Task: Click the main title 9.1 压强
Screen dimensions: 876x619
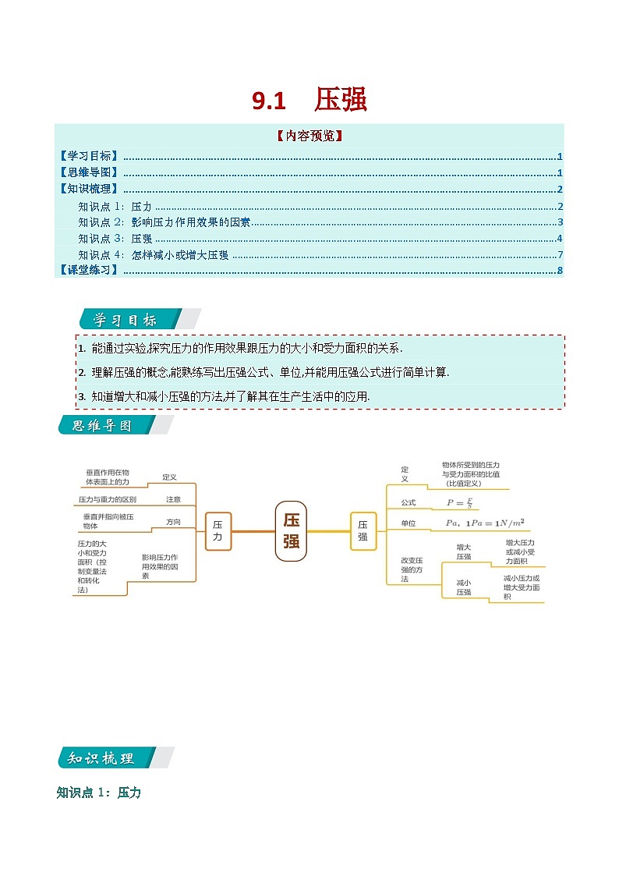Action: pyautogui.click(x=309, y=101)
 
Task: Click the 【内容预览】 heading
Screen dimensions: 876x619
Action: pyautogui.click(x=309, y=136)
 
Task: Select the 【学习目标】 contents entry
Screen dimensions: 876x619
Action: pyautogui.click(x=89, y=156)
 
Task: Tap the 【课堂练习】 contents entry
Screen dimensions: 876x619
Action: pyautogui.click(x=89, y=270)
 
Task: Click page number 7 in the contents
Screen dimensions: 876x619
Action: pyautogui.click(x=560, y=255)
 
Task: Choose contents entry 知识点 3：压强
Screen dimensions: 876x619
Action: pyautogui.click(x=115, y=239)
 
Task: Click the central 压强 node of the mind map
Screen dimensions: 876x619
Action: pyautogui.click(x=291, y=530)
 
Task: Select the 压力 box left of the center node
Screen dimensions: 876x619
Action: pyautogui.click(x=218, y=531)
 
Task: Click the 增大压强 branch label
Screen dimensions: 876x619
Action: pyautogui.click(x=464, y=551)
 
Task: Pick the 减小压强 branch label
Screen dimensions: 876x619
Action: pyautogui.click(x=464, y=587)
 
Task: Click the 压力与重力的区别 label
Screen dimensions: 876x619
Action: pyautogui.click(x=108, y=499)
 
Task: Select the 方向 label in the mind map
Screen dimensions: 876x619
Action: pyautogui.click(x=172, y=522)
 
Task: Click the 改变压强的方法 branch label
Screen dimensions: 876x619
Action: pyautogui.click(x=411, y=569)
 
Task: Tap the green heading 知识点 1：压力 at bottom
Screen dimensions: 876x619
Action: pyautogui.click(x=99, y=793)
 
